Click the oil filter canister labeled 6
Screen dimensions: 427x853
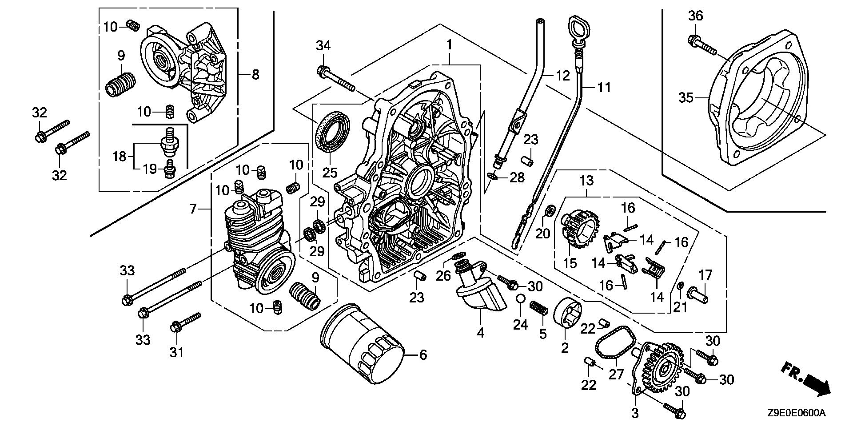tap(362, 345)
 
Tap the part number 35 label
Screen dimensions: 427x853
tap(686, 97)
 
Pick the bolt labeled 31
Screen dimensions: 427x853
tap(186, 323)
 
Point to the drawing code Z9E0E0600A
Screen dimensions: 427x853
tap(796, 413)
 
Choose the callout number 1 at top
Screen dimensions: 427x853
tap(449, 45)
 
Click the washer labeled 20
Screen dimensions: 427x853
tap(549, 210)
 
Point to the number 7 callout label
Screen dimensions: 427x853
tap(193, 209)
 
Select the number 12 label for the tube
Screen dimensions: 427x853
tap(562, 76)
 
